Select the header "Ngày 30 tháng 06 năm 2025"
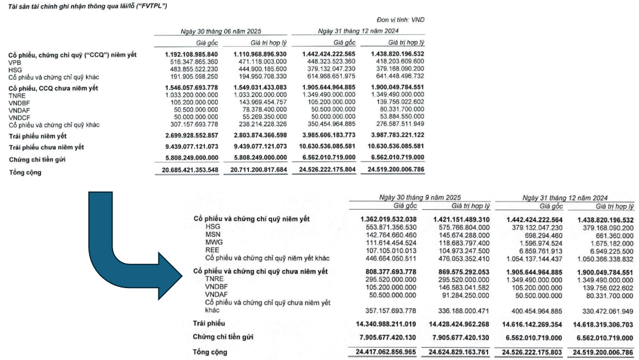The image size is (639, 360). (221, 31)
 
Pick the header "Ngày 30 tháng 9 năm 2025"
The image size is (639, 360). (419, 197)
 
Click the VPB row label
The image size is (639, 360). (15, 61)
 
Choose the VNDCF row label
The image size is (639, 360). (19, 118)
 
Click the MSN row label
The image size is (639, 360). (213, 234)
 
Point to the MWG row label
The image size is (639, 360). (213, 242)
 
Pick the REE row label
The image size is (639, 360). (212, 250)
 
